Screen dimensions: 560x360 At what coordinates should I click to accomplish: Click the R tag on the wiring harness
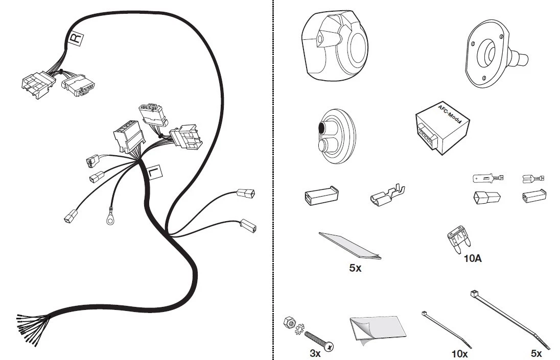(75, 38)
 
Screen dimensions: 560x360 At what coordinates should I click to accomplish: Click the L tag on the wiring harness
(154, 172)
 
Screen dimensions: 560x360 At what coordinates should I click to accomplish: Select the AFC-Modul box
(442, 127)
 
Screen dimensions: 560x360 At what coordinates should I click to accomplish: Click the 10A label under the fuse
(473, 258)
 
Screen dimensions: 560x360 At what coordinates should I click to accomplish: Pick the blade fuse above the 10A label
(458, 238)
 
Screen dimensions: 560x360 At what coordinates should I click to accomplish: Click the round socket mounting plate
(494, 54)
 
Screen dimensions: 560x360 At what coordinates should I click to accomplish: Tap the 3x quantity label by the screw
(315, 353)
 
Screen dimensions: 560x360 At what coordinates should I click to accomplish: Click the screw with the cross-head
(319, 341)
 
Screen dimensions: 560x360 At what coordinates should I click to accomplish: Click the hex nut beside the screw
(289, 322)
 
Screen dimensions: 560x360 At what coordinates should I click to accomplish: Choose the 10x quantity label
(460, 353)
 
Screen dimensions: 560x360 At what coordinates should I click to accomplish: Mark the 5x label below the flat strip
(355, 268)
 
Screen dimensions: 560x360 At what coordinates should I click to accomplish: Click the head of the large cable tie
(474, 294)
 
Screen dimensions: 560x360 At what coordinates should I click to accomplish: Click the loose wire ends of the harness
(31, 329)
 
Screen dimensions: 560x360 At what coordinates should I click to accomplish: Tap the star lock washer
(299, 329)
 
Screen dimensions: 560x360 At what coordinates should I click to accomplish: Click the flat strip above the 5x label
(349, 246)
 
